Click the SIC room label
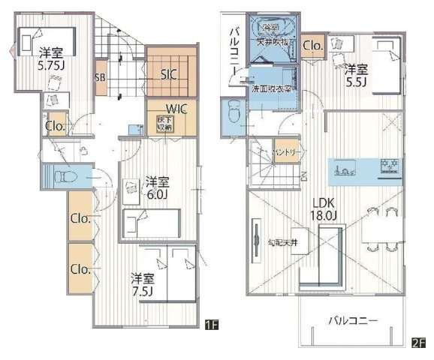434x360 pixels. (x=169, y=75)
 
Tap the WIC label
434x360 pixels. (x=167, y=108)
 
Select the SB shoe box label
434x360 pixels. (x=100, y=76)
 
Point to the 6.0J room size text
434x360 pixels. (x=158, y=194)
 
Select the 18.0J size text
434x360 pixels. (x=325, y=217)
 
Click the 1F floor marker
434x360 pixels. (x=211, y=325)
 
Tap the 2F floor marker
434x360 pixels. (x=418, y=343)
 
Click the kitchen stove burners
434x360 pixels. (x=390, y=165)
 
